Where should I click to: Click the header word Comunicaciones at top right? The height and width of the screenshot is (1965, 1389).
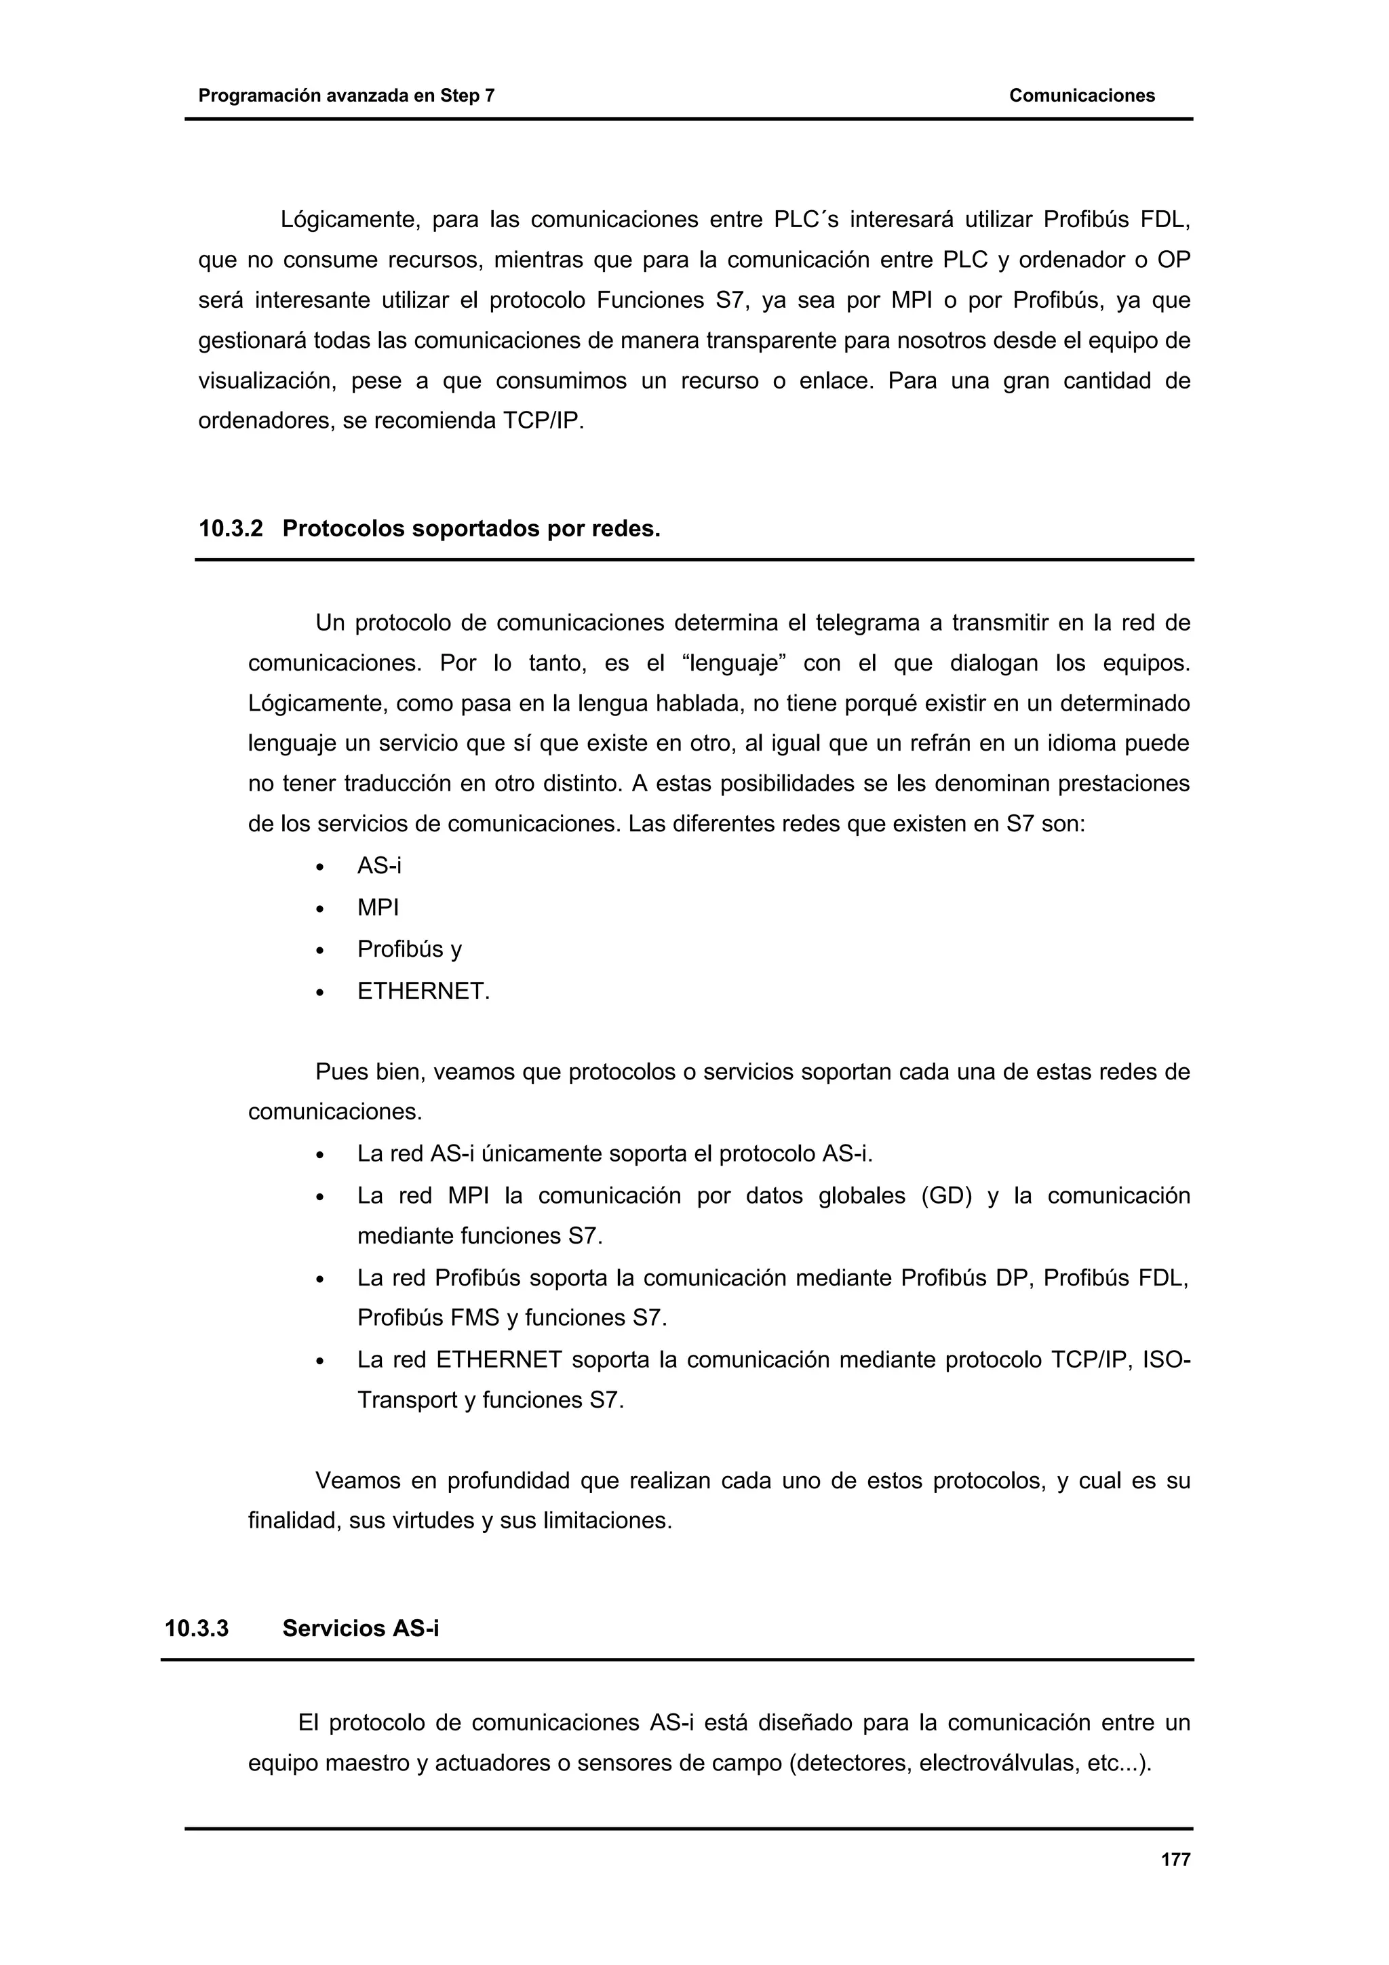click(x=1082, y=96)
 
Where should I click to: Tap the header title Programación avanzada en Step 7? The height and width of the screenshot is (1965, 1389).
click(x=346, y=96)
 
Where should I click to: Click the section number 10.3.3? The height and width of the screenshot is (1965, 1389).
click(x=197, y=1628)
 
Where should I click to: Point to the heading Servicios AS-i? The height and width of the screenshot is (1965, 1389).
click(x=360, y=1628)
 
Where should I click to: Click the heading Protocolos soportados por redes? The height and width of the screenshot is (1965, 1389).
click(x=471, y=529)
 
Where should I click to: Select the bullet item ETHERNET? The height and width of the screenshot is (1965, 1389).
click(x=423, y=991)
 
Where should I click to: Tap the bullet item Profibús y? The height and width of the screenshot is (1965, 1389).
click(x=409, y=949)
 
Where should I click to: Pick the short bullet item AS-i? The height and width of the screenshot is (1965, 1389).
click(x=378, y=865)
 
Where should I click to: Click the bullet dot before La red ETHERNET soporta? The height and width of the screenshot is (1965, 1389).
click(x=320, y=1361)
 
